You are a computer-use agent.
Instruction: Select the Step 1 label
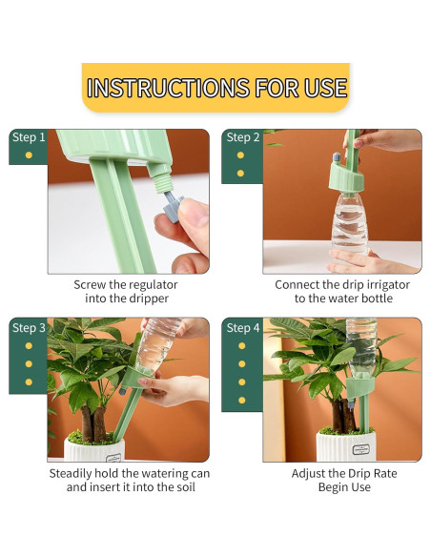point(28,137)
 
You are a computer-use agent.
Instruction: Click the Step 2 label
point(242,137)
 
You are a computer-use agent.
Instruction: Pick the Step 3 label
point(28,328)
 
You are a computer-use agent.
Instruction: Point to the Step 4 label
point(242,328)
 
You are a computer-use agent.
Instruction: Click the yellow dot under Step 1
point(29,155)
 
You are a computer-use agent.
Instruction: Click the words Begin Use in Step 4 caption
point(344,487)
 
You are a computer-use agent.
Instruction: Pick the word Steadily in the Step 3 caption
point(74,473)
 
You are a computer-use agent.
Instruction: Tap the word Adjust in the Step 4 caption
point(310,473)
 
